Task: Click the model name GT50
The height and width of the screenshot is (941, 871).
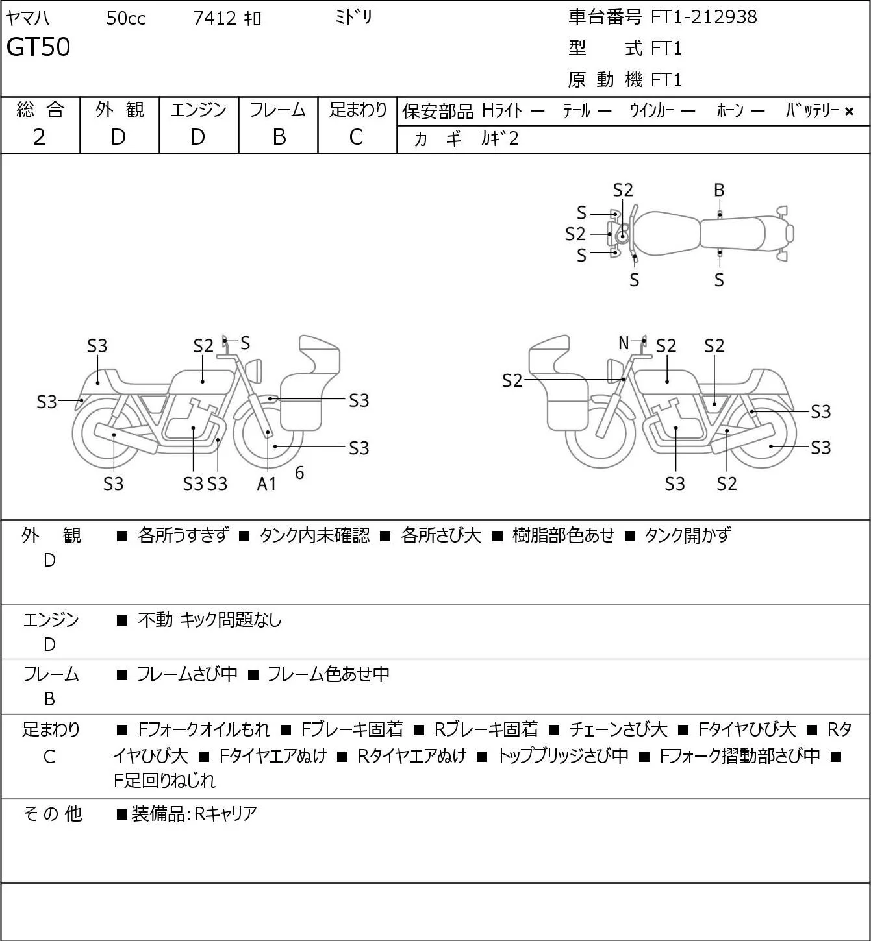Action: (38, 47)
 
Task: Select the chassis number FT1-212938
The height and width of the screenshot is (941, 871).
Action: (703, 18)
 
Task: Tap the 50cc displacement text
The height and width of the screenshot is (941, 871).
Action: (126, 18)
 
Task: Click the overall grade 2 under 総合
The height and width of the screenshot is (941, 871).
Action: (40, 138)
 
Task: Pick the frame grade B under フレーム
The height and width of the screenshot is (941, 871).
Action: (279, 138)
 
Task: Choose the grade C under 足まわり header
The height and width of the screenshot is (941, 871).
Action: (356, 138)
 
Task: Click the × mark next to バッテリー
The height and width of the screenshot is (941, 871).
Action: (849, 112)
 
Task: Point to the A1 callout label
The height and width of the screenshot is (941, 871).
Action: (266, 483)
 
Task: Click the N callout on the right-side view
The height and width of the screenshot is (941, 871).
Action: (624, 343)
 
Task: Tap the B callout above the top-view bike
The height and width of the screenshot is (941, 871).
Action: (719, 190)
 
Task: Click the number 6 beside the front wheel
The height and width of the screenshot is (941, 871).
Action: (299, 472)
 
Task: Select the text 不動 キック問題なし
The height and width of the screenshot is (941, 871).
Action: (210, 620)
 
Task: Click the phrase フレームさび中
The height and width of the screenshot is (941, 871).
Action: (187, 674)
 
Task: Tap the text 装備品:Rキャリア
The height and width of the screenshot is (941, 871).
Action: (194, 814)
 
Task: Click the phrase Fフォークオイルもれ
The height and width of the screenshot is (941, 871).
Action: (203, 729)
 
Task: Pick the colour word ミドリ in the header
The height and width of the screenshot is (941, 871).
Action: (353, 18)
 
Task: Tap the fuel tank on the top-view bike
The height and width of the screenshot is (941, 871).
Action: (666, 234)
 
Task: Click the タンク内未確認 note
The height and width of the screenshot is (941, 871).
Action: (314, 535)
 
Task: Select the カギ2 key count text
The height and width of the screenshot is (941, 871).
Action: (500, 139)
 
